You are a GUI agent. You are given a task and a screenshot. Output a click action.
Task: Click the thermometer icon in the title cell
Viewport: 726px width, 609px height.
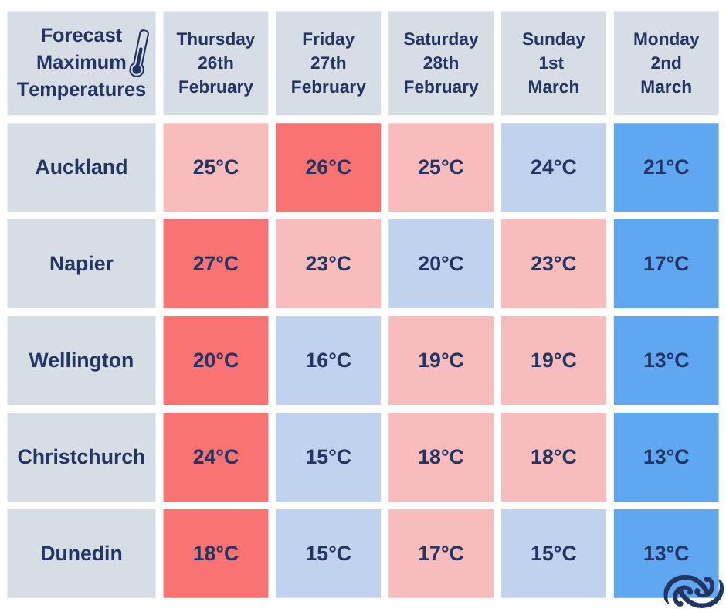(139, 53)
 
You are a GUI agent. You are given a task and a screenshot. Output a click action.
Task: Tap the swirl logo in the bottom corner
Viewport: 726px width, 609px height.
(693, 591)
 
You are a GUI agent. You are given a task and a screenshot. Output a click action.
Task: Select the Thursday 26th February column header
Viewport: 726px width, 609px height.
(215, 63)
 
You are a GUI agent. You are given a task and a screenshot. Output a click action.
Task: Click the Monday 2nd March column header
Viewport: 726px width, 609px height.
(667, 63)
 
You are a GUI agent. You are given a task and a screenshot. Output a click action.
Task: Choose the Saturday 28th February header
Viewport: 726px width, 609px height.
(441, 63)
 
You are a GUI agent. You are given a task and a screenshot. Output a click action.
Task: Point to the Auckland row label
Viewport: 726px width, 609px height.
(82, 167)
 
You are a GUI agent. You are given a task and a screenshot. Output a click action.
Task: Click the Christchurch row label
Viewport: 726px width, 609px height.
(82, 457)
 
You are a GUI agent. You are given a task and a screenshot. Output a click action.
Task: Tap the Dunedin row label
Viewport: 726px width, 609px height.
(82, 553)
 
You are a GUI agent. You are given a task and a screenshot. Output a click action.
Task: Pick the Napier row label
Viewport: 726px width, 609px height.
(82, 264)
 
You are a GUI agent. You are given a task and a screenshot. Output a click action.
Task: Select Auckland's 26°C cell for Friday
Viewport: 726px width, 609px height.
(328, 167)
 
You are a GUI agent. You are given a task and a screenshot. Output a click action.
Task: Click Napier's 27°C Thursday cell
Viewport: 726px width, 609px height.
(215, 264)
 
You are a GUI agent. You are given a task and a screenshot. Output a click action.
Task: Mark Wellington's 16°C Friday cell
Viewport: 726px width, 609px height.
(328, 360)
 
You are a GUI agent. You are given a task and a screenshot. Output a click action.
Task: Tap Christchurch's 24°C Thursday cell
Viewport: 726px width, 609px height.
(215, 457)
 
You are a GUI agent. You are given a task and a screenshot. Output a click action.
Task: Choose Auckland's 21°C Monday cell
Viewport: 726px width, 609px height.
(667, 167)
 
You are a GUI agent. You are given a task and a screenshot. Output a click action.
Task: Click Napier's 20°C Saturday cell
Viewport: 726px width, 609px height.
(441, 264)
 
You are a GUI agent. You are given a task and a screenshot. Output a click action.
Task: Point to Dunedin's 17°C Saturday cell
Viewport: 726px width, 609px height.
(441, 553)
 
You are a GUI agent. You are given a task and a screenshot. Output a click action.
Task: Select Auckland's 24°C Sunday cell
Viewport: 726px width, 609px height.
(553, 167)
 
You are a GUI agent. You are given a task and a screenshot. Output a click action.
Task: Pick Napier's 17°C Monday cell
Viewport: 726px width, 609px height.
(667, 264)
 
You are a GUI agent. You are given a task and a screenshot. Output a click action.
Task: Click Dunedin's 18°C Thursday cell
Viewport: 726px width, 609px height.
(215, 553)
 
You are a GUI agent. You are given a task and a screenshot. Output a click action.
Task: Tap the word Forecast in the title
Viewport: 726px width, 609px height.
(82, 36)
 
